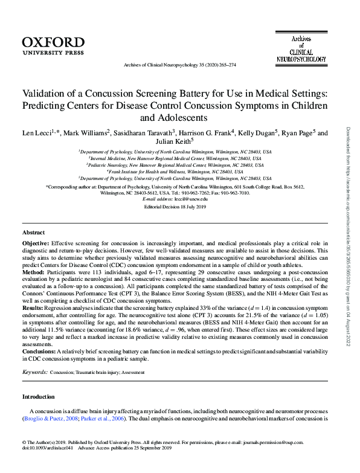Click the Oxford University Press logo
click(53, 45)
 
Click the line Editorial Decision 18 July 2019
click(175, 207)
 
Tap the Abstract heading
click(33, 232)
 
